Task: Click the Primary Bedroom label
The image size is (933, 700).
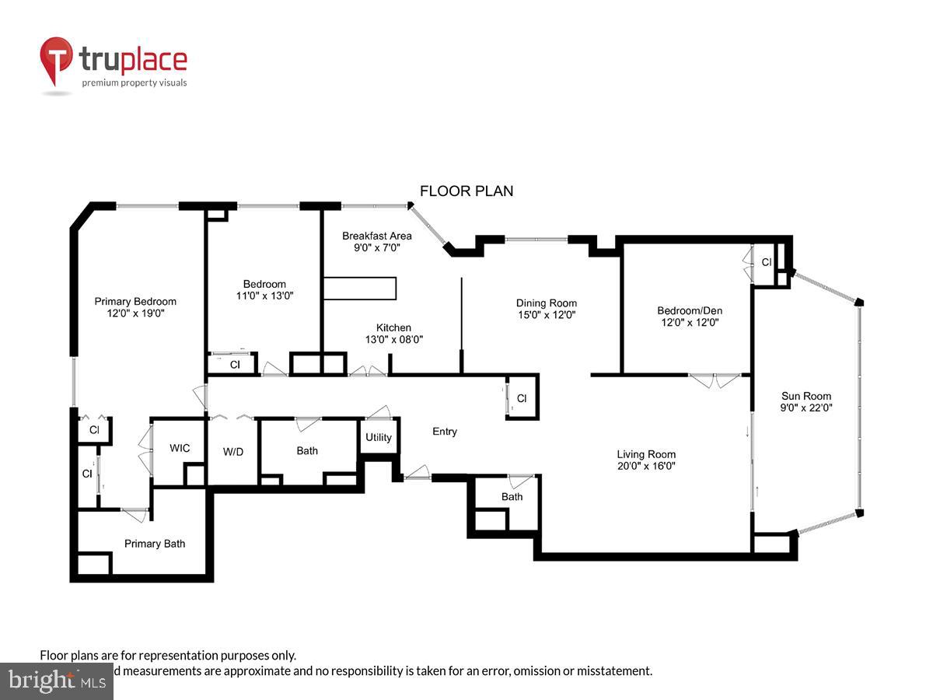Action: click(135, 302)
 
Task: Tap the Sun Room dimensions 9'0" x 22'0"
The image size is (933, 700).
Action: click(806, 407)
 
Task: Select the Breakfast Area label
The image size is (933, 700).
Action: click(377, 236)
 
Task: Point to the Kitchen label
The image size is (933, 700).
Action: click(393, 327)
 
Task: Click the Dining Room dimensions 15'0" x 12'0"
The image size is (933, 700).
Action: click(547, 315)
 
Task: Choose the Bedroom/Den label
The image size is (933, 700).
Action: click(689, 310)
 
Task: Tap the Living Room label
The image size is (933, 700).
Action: click(646, 454)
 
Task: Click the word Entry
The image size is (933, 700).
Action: click(445, 432)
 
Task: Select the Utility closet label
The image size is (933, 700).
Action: click(379, 438)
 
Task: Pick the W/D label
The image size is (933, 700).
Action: click(233, 451)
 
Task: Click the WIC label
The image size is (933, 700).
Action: click(180, 449)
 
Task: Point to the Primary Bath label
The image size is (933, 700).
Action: click(155, 544)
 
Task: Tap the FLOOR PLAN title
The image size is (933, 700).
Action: click(466, 191)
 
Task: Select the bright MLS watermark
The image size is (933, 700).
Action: click(56, 681)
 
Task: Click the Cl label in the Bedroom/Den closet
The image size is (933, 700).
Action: click(766, 263)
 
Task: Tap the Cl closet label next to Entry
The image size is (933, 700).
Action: click(522, 399)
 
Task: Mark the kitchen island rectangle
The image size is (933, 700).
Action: click(360, 289)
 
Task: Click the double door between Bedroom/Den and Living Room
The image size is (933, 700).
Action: click(714, 380)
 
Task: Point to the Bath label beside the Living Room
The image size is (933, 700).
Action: click(512, 497)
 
